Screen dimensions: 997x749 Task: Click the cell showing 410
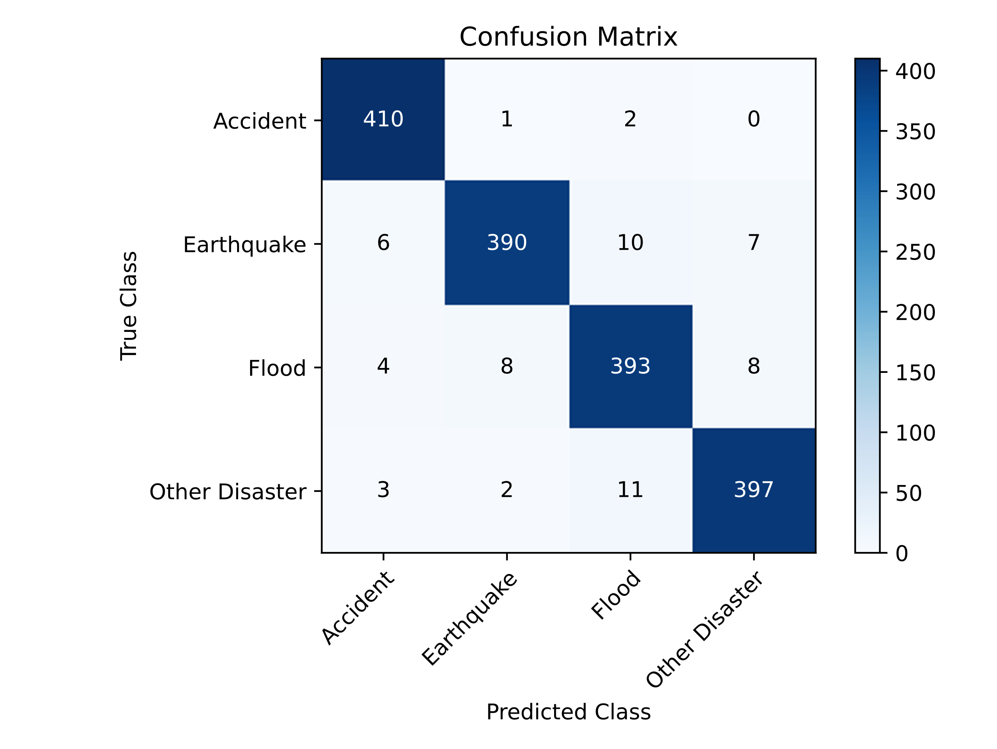tap(383, 119)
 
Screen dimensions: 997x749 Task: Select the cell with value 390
tap(507, 242)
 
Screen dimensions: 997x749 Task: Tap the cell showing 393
tap(630, 366)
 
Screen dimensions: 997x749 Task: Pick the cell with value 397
tap(754, 490)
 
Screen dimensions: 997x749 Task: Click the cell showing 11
tap(630, 490)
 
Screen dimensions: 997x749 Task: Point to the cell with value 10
tap(630, 242)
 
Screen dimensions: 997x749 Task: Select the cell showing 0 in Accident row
tap(754, 119)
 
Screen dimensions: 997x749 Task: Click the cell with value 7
tap(754, 242)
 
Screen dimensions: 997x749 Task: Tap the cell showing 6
tap(383, 242)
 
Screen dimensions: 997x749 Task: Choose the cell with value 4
tap(383, 366)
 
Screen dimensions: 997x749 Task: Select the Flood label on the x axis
tap(616, 595)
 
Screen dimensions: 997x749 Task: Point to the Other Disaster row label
tap(228, 492)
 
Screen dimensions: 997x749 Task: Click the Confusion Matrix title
tap(568, 37)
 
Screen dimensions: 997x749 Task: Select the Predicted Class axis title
tap(568, 712)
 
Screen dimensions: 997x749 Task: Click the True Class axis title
tap(129, 306)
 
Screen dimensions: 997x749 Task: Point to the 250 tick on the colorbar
tap(915, 253)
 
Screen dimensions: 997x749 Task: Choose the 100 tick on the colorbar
tap(915, 433)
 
